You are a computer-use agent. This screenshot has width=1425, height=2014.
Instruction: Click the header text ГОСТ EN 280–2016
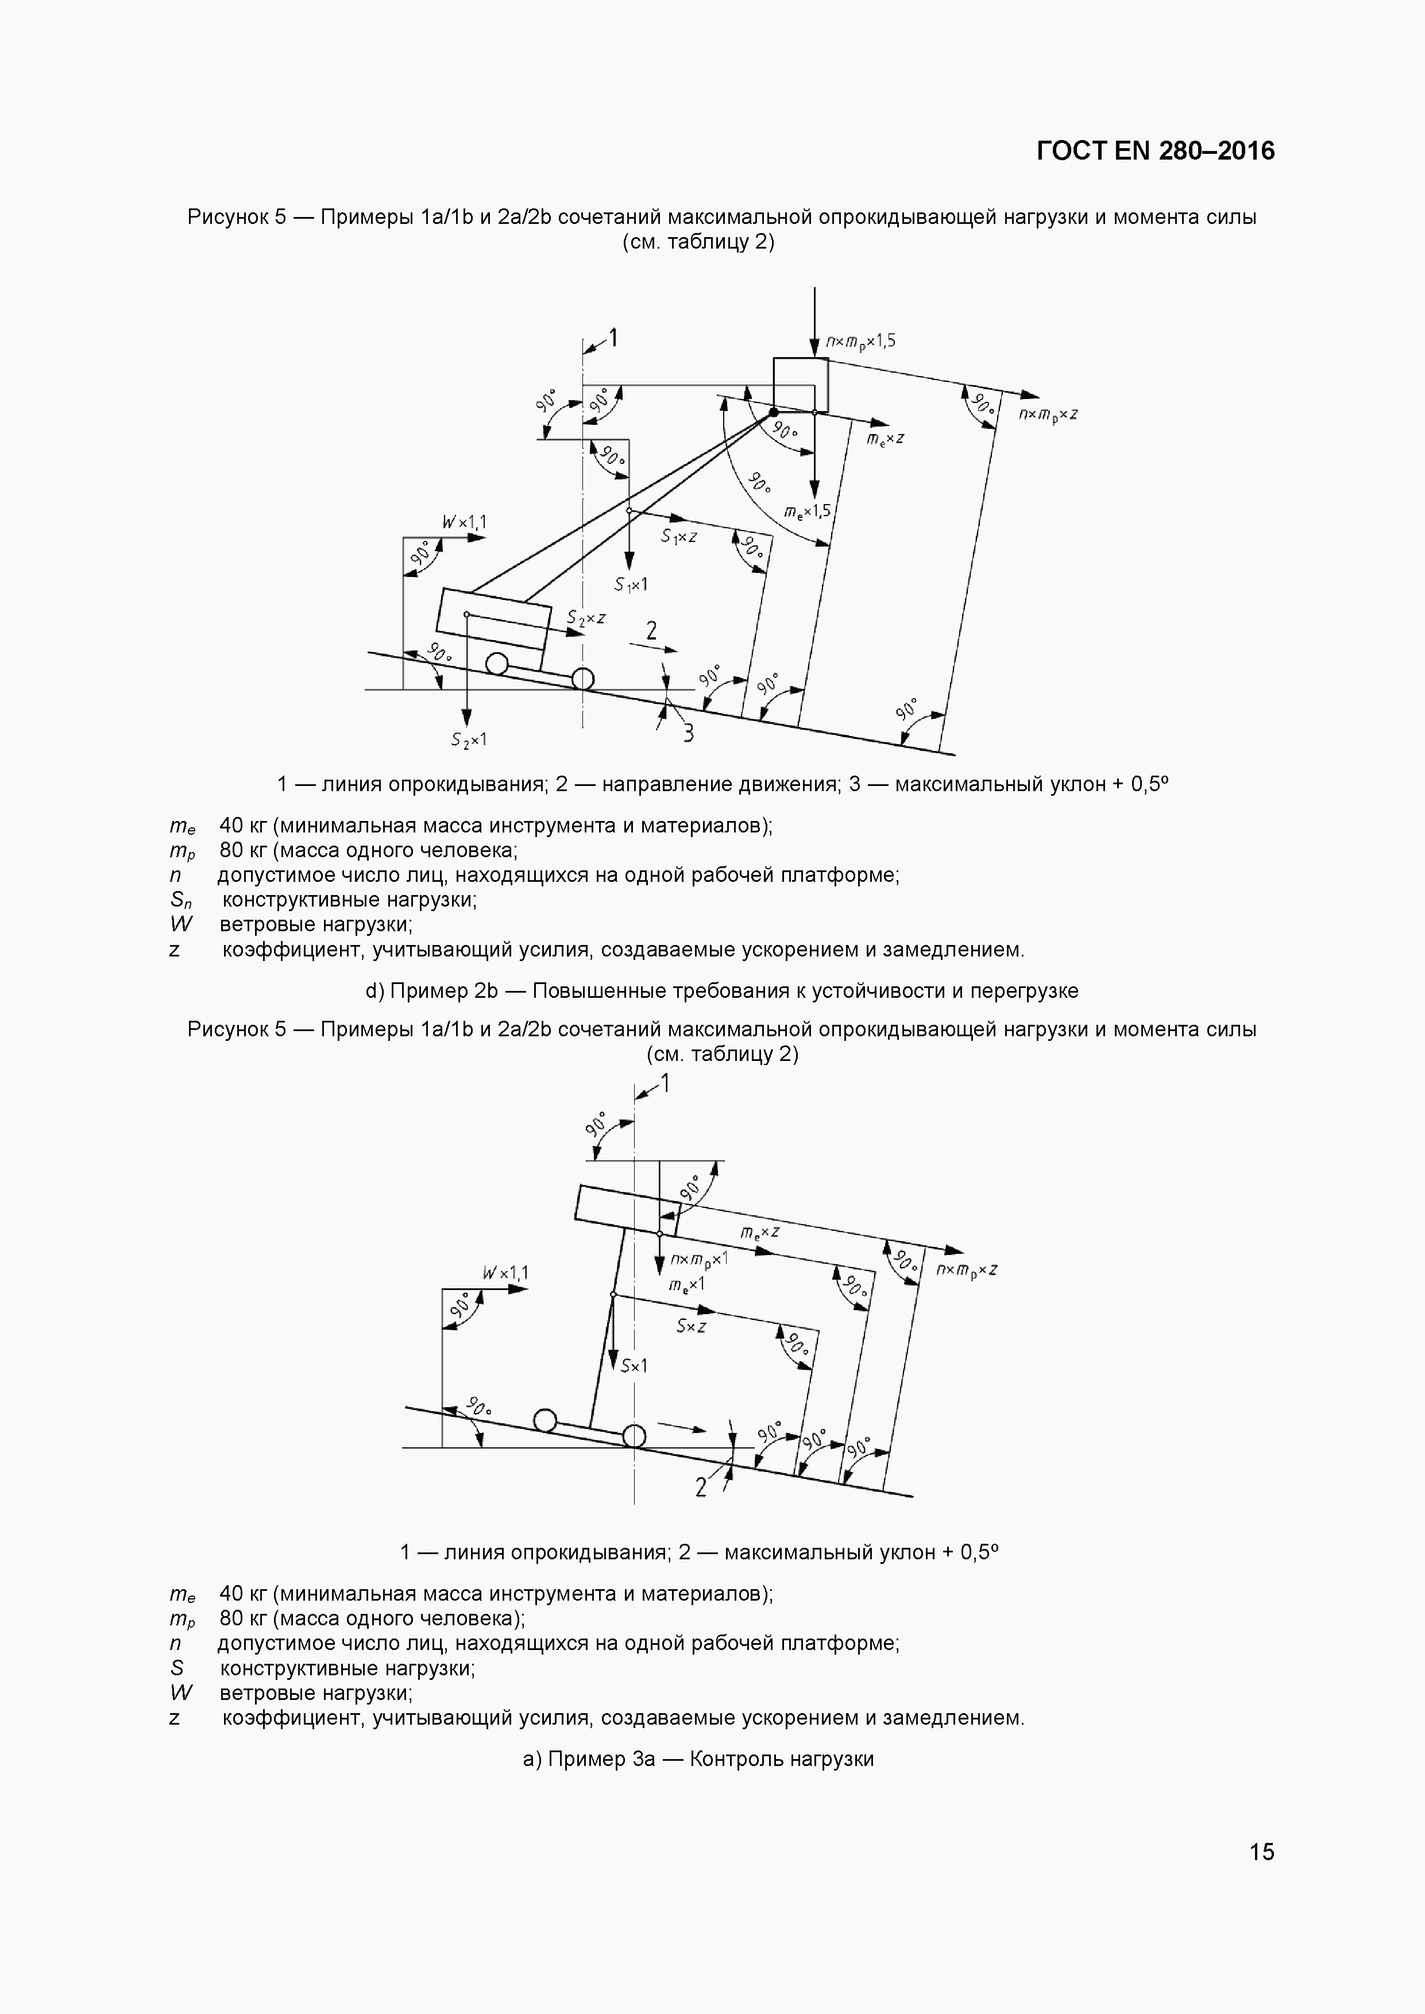pos(1154,151)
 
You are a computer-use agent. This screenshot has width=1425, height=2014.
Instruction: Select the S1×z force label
pos(679,535)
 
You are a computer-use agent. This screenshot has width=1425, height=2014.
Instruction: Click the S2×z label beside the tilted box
pos(586,618)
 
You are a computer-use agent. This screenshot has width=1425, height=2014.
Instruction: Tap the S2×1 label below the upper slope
pos(469,739)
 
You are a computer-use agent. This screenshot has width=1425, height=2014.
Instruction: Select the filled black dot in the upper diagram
pos(773,412)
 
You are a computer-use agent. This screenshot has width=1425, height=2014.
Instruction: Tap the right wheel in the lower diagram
pos(634,1436)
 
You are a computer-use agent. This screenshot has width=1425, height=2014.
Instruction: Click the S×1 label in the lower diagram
pos(634,1366)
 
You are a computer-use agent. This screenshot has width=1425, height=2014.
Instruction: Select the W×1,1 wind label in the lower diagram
pos(505,1272)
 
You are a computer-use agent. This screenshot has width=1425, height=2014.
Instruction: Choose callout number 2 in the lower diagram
pos(700,1487)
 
